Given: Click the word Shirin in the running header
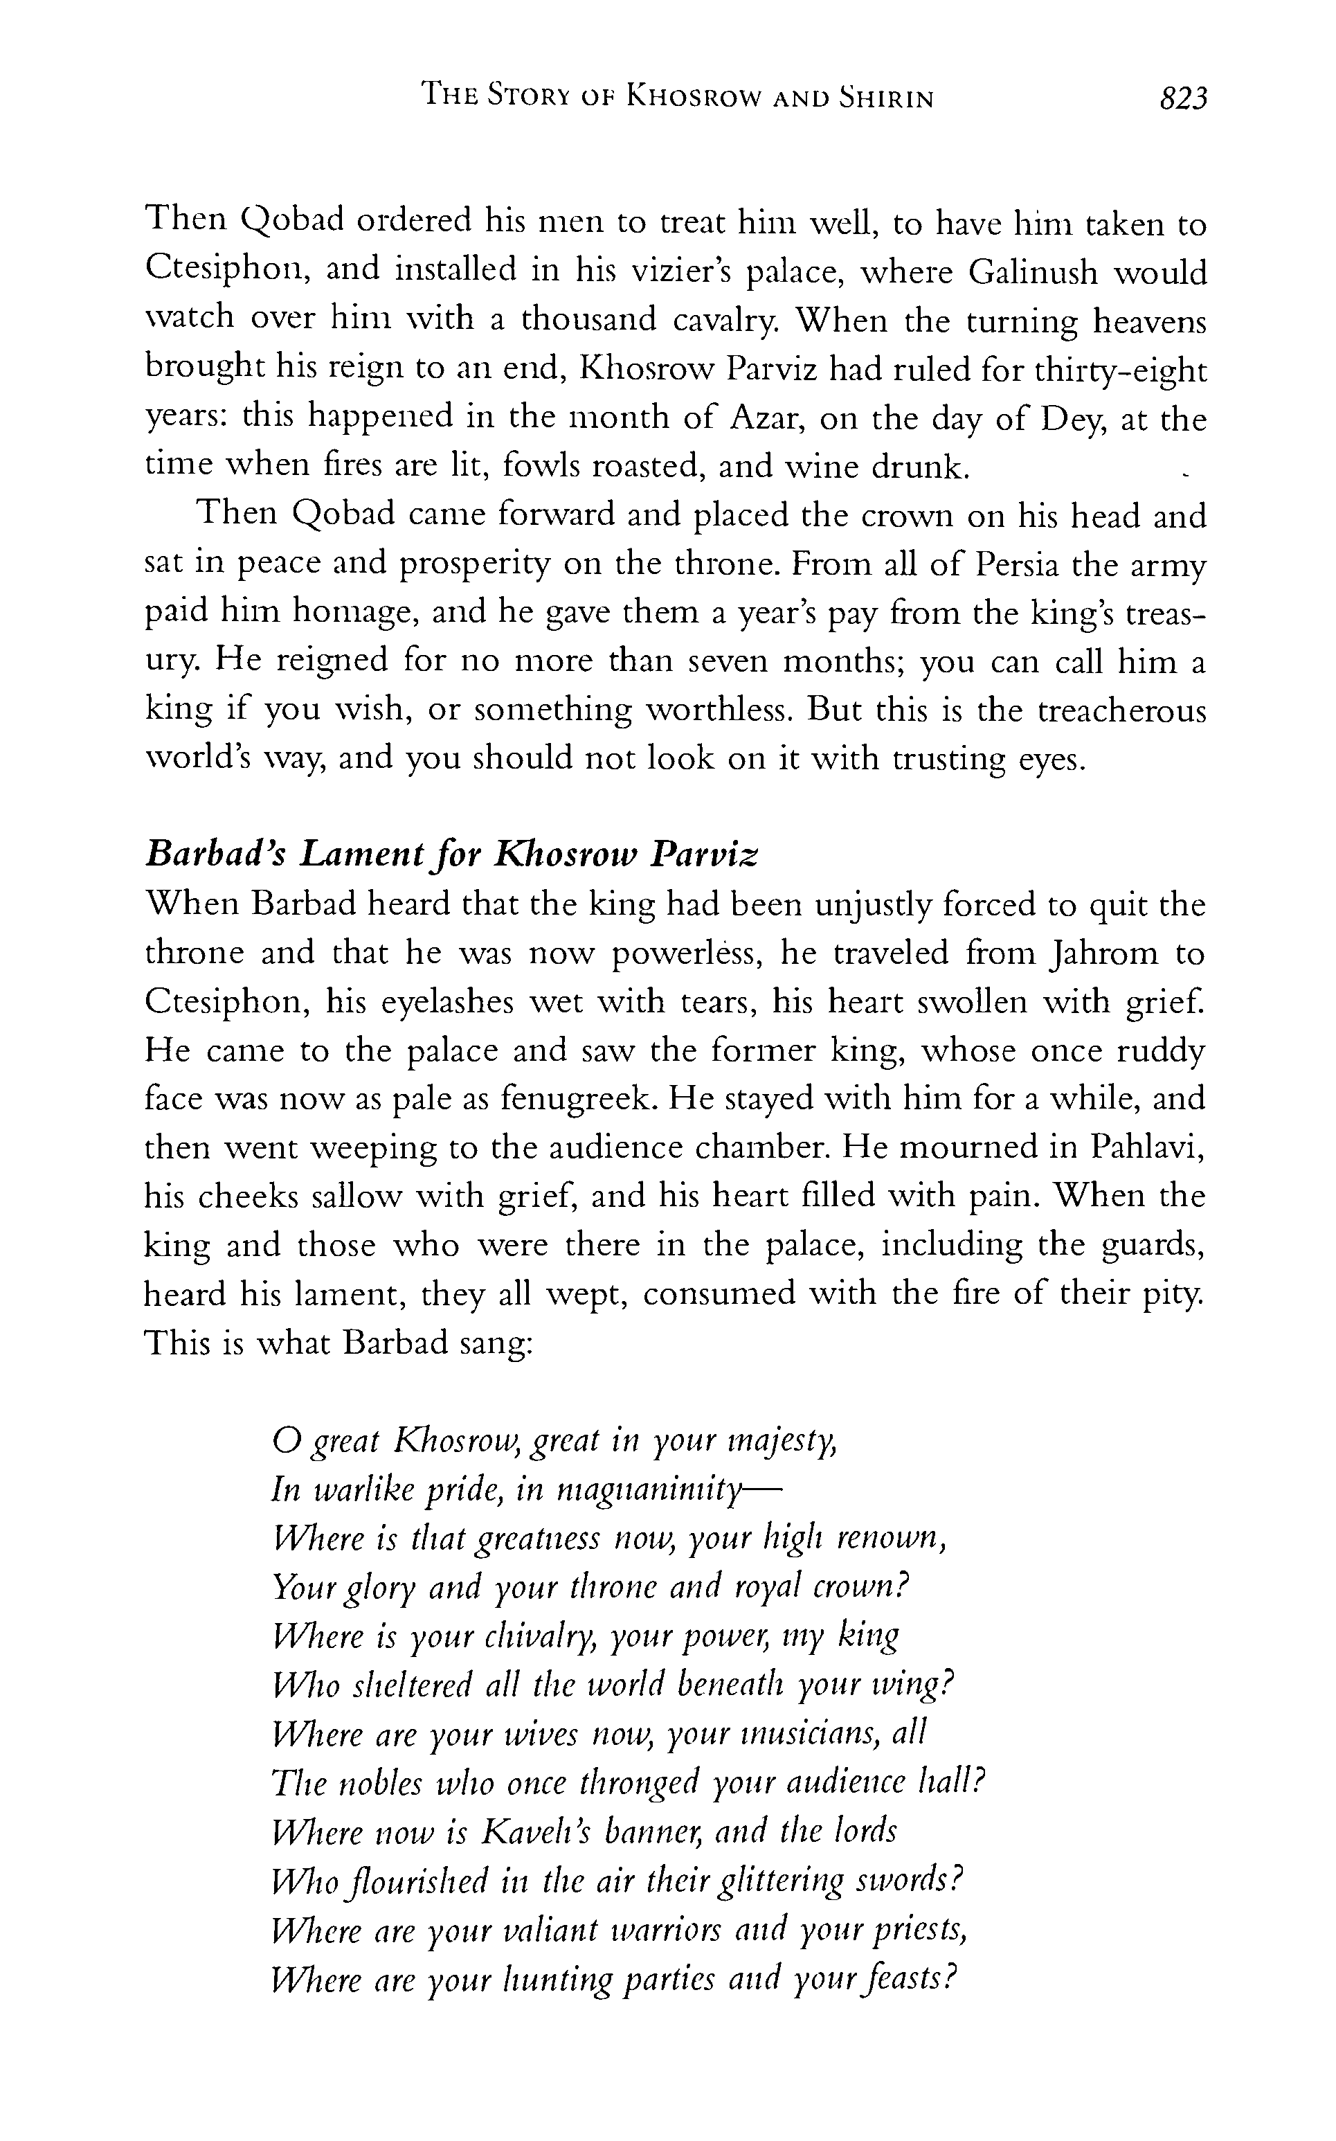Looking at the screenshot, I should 886,97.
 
